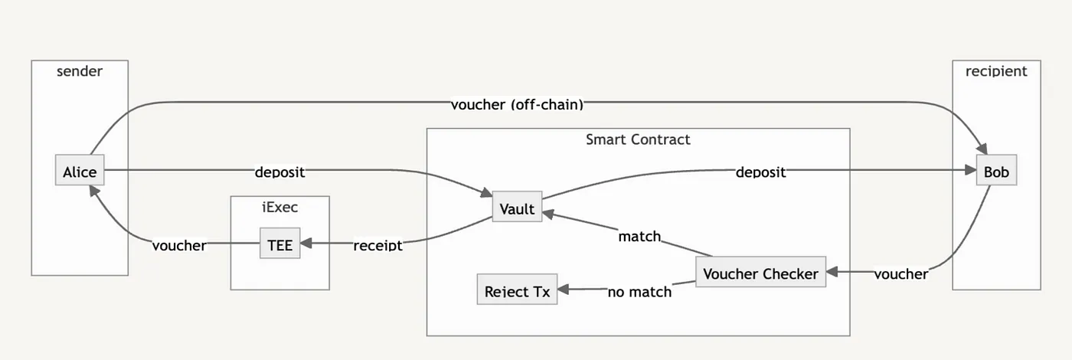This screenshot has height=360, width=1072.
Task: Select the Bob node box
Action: tap(996, 172)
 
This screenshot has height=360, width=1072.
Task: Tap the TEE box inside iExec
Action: tap(279, 244)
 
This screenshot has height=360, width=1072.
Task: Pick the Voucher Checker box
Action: tap(760, 273)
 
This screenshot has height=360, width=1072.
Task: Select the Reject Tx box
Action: tap(517, 290)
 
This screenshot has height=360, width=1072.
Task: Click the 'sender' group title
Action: tap(80, 71)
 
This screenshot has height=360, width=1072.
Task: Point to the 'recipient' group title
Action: tap(996, 71)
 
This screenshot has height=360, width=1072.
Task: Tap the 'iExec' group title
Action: tap(279, 207)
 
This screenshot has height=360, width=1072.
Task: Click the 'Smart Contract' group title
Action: tap(638, 139)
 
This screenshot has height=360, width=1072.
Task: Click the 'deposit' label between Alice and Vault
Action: tap(279, 172)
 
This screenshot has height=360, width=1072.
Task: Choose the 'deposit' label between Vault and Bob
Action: tap(760, 172)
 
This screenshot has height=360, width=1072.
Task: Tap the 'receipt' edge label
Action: tap(377, 245)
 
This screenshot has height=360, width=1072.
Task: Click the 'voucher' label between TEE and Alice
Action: tap(178, 245)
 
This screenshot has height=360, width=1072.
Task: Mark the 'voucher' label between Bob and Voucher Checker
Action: tap(900, 273)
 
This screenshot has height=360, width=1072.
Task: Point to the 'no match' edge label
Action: tap(639, 291)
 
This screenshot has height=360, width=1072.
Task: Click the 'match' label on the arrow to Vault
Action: tap(639, 236)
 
